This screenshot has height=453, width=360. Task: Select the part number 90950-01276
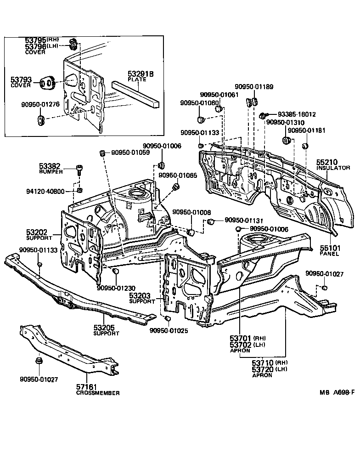click(x=40, y=105)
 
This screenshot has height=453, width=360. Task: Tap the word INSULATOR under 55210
click(x=333, y=168)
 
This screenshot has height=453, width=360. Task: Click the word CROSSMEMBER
click(x=98, y=393)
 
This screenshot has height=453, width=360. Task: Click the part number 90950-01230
click(x=117, y=288)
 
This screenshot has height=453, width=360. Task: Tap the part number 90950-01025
click(x=169, y=330)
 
